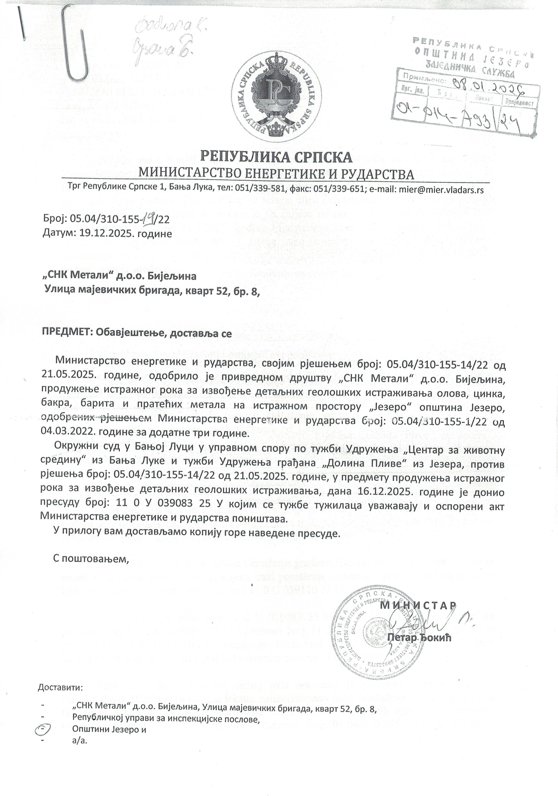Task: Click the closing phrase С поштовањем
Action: pyautogui.click(x=91, y=559)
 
